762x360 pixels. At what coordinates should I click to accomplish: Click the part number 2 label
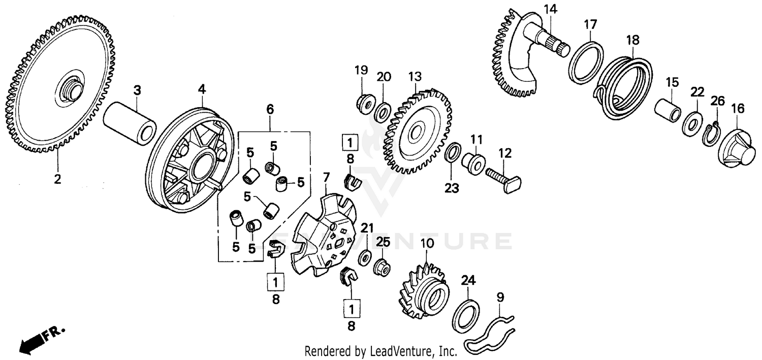[x=57, y=179]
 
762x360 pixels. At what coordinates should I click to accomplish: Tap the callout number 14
[x=550, y=9]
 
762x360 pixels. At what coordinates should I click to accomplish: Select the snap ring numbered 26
[x=711, y=134]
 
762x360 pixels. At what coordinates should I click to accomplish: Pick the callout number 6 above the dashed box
[x=270, y=109]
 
